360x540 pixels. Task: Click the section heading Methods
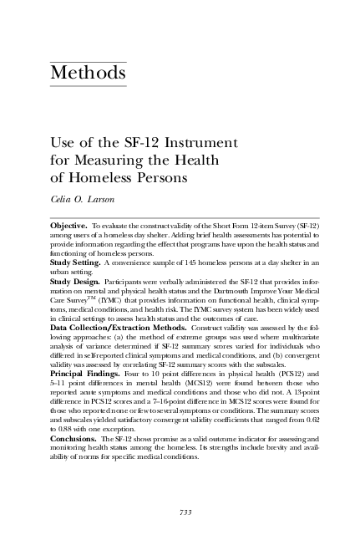coord(89,74)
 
